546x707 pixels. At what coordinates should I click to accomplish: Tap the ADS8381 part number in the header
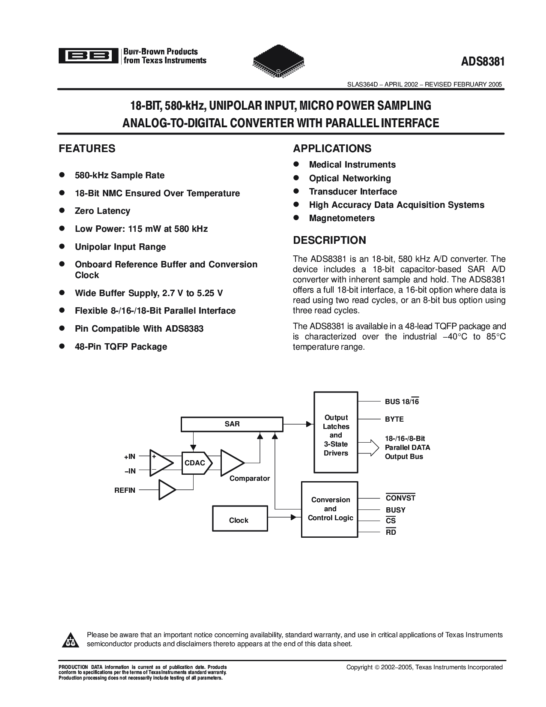[x=483, y=61]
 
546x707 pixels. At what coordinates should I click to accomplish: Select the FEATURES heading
[x=87, y=149]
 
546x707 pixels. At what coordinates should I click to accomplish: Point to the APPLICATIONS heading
[x=332, y=149]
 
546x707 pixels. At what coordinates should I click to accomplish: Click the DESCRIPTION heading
[x=329, y=240]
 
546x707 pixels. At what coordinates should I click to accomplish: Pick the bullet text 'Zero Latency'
[x=102, y=211]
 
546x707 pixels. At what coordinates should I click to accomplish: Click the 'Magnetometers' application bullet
[x=342, y=218]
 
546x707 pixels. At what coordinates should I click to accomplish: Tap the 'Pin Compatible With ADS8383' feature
[x=139, y=329]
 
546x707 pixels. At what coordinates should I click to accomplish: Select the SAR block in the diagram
[x=232, y=424]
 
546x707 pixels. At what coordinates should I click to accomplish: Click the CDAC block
[x=194, y=463]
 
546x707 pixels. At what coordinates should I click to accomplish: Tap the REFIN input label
[x=125, y=490]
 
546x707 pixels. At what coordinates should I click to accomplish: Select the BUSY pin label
[x=395, y=510]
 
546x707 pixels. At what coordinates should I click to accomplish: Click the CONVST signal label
[x=400, y=498]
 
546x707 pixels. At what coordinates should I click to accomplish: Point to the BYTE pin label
[x=394, y=419]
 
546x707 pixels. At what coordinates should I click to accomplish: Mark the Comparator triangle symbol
[x=231, y=463]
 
